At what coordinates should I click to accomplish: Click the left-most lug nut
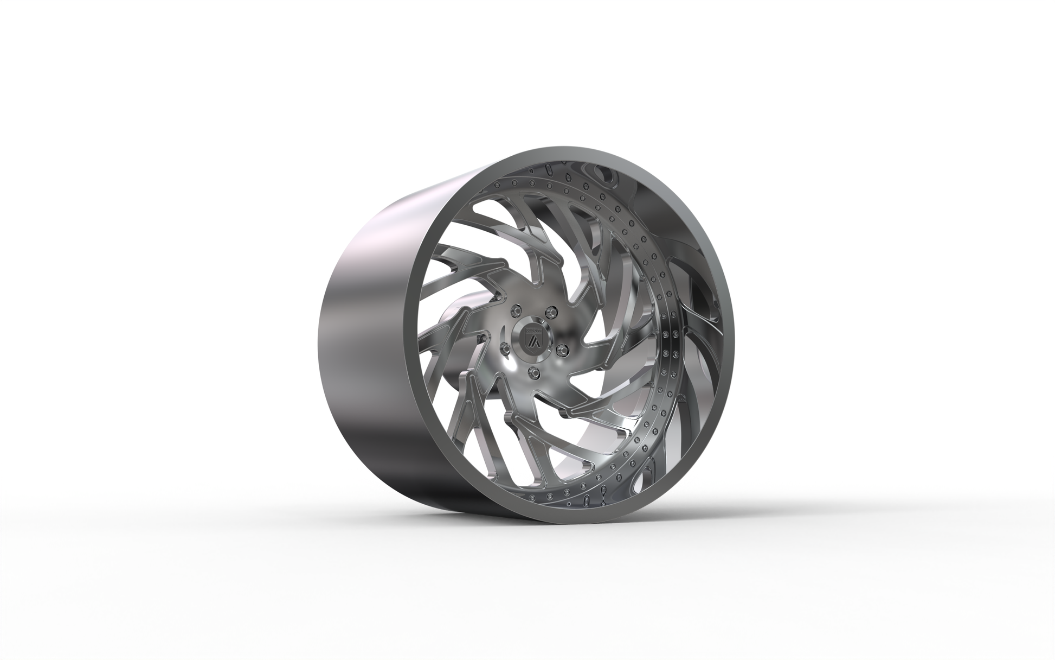[x=504, y=347]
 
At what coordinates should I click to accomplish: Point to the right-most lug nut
[x=562, y=348]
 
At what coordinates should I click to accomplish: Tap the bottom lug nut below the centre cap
[x=535, y=372]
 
